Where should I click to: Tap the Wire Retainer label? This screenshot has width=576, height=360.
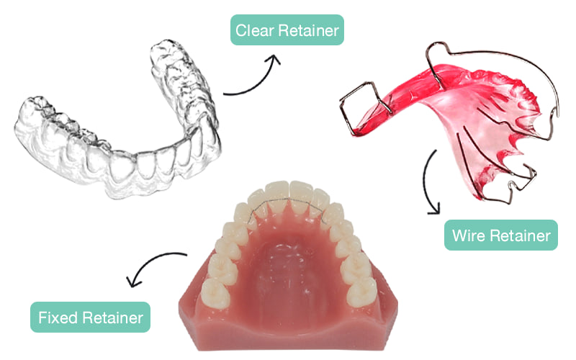pos(501,235)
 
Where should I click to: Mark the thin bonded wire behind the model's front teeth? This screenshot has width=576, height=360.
pos(288,201)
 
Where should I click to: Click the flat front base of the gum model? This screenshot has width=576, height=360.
pos(288,335)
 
